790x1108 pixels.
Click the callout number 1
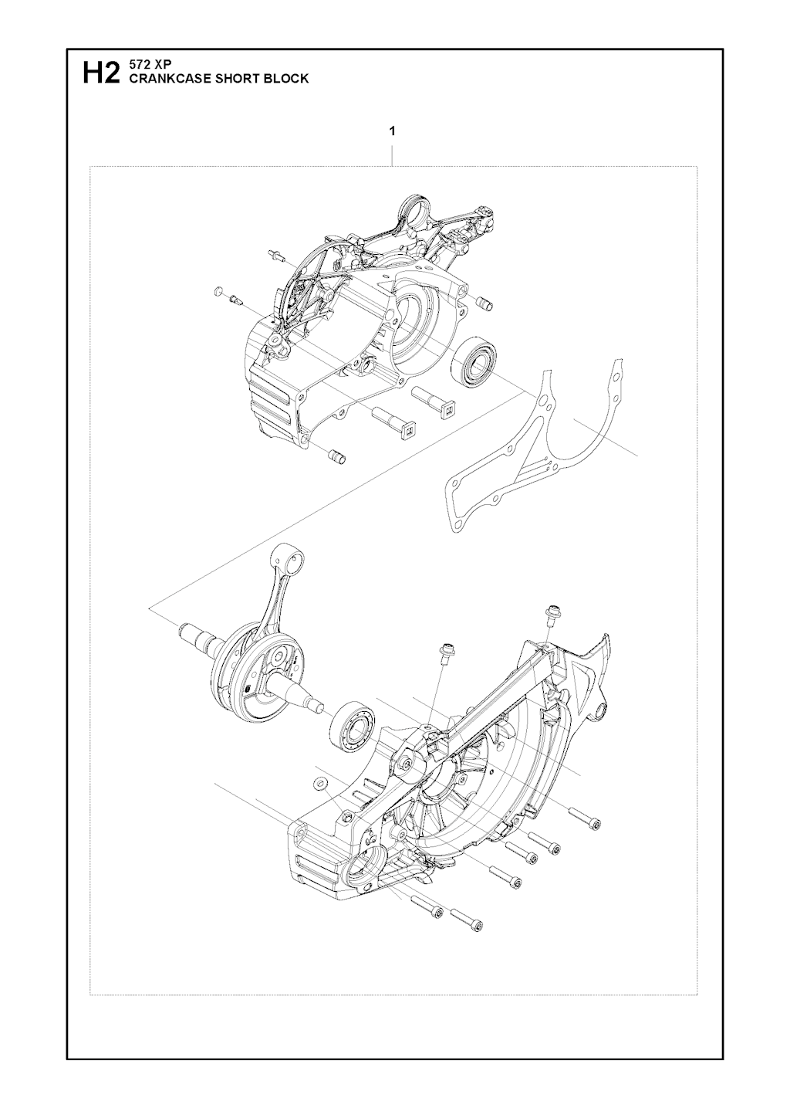click(x=392, y=131)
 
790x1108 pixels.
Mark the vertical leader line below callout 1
click(x=392, y=156)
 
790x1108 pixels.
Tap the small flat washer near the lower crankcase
click(x=321, y=797)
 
